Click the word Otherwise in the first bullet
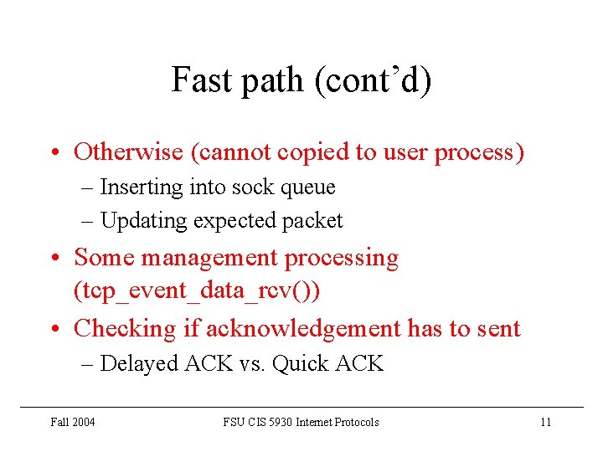pos(128,152)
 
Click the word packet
pos(312,220)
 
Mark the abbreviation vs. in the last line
pos(253,363)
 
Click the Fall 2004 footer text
pos(73,422)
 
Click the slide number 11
pos(545,422)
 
